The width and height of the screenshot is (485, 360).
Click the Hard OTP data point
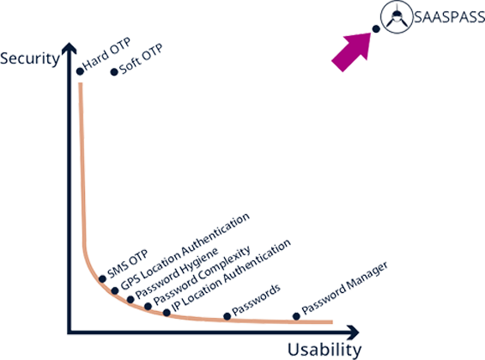(x=80, y=71)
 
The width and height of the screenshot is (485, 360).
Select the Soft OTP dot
(x=114, y=72)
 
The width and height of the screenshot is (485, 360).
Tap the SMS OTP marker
(x=102, y=279)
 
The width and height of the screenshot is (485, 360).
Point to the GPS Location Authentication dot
(x=115, y=290)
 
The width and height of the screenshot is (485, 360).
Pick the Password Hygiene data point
(x=130, y=299)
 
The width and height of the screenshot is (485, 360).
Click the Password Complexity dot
(x=149, y=307)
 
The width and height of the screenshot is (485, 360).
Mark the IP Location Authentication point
(x=167, y=313)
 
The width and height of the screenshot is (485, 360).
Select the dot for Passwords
(x=227, y=316)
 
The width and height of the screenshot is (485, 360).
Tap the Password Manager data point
(x=296, y=316)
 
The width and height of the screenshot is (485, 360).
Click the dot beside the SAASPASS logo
(x=376, y=29)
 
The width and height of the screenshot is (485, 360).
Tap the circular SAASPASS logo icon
(x=397, y=16)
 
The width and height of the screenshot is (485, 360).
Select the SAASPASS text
(x=449, y=17)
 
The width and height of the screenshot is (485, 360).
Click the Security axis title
(x=30, y=58)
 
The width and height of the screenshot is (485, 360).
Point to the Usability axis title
(x=324, y=350)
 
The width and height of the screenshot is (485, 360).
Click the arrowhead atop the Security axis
(x=70, y=48)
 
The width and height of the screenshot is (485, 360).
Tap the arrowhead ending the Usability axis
(x=353, y=333)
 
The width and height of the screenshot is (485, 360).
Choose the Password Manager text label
(x=344, y=288)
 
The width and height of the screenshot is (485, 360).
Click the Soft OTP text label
(x=141, y=59)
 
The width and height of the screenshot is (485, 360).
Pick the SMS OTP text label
(x=127, y=264)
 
